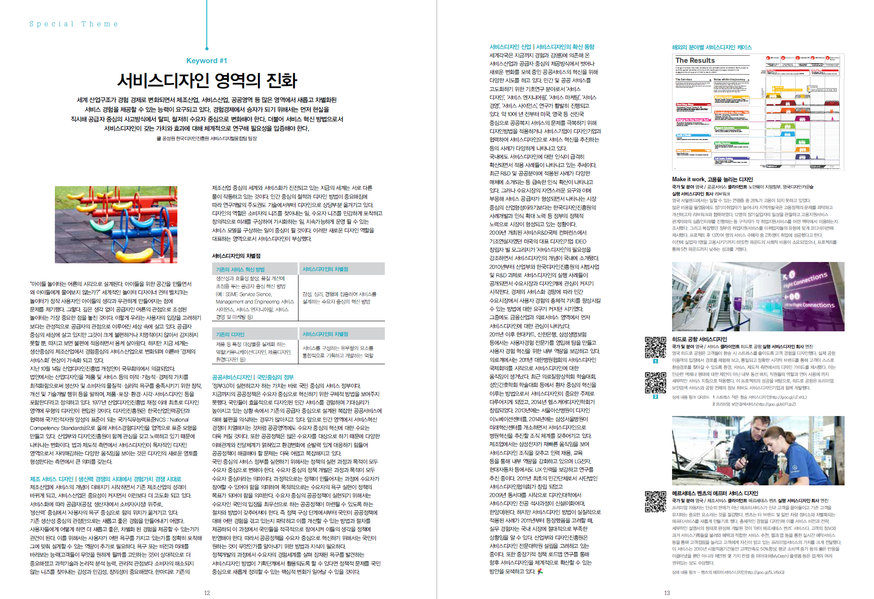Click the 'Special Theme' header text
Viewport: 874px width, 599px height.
click(x=74, y=24)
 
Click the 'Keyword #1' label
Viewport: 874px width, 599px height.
click(x=206, y=61)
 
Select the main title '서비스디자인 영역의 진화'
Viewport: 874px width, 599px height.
click(x=207, y=80)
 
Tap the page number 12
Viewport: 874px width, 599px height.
click(x=207, y=593)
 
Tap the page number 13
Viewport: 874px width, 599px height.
click(x=667, y=593)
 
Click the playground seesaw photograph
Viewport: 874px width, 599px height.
click(x=116, y=224)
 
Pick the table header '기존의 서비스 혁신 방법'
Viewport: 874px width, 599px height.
click(x=240, y=269)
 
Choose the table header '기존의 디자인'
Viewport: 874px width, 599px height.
click(x=230, y=334)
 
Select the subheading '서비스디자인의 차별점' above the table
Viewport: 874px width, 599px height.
click(x=236, y=256)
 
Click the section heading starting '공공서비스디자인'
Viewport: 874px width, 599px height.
click(x=252, y=377)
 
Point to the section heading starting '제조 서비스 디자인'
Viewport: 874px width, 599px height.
click(x=105, y=479)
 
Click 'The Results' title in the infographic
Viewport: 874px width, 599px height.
click(x=695, y=60)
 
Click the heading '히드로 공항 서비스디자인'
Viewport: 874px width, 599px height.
click(x=699, y=339)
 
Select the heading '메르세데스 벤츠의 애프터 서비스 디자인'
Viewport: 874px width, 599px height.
click(x=715, y=493)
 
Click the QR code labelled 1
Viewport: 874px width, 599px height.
click(x=655, y=348)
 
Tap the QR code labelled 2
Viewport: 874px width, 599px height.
click(x=655, y=383)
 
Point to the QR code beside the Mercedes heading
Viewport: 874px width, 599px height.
click(x=655, y=502)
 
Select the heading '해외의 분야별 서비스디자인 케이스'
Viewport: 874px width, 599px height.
click(x=712, y=47)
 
